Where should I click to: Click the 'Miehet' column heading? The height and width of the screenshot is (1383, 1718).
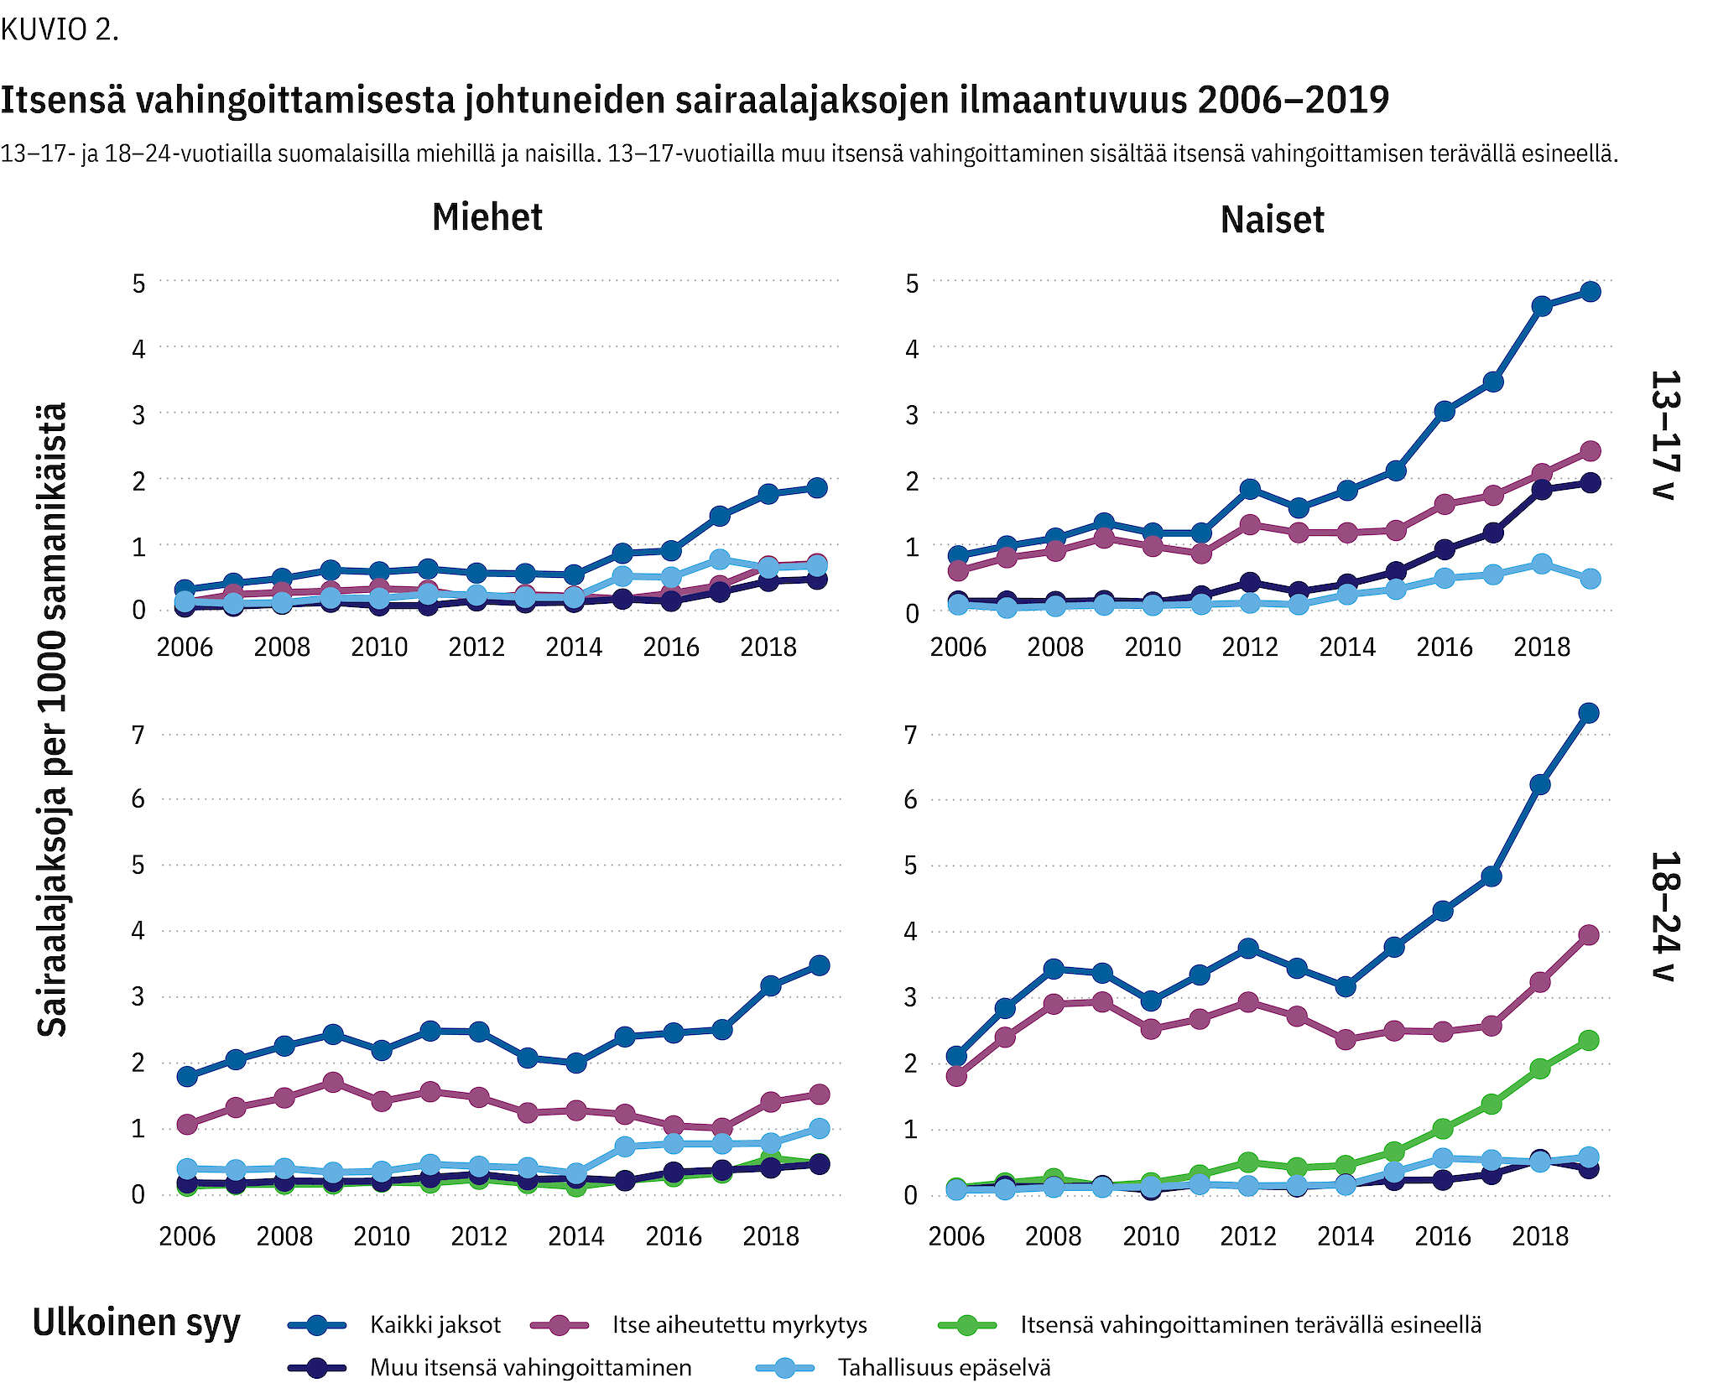coord(487,217)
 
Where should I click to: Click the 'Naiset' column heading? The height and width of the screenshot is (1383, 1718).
coord(1272,220)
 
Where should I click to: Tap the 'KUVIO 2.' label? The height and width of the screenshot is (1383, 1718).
coord(60,30)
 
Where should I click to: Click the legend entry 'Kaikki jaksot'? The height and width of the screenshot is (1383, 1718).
coord(435,1325)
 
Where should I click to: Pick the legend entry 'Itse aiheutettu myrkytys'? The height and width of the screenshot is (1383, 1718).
coord(739,1325)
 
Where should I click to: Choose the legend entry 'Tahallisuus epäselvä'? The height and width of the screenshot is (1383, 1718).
coord(944,1368)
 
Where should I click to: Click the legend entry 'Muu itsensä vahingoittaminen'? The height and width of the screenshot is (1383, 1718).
coord(530,1368)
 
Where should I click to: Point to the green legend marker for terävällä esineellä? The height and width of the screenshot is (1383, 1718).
coord(966,1325)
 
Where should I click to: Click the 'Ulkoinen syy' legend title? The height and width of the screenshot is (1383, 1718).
coord(136,1323)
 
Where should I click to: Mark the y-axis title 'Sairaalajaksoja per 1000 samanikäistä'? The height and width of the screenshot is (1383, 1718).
coord(52,720)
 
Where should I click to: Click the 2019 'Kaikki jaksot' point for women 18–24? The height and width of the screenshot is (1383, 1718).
coord(1588,713)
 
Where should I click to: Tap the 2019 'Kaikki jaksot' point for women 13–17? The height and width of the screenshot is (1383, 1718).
coord(1590,292)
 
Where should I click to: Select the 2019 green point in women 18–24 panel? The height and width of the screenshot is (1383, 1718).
coord(1588,1040)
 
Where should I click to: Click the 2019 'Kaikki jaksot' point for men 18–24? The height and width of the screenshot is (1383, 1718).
coord(820,965)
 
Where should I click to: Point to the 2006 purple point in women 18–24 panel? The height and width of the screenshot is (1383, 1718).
coord(956,1075)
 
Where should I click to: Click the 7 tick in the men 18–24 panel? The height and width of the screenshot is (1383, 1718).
coord(138,735)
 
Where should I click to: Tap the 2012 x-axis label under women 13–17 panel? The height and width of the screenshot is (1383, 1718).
coord(1249,647)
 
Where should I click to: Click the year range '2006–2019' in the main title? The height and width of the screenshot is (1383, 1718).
coord(1294,100)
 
